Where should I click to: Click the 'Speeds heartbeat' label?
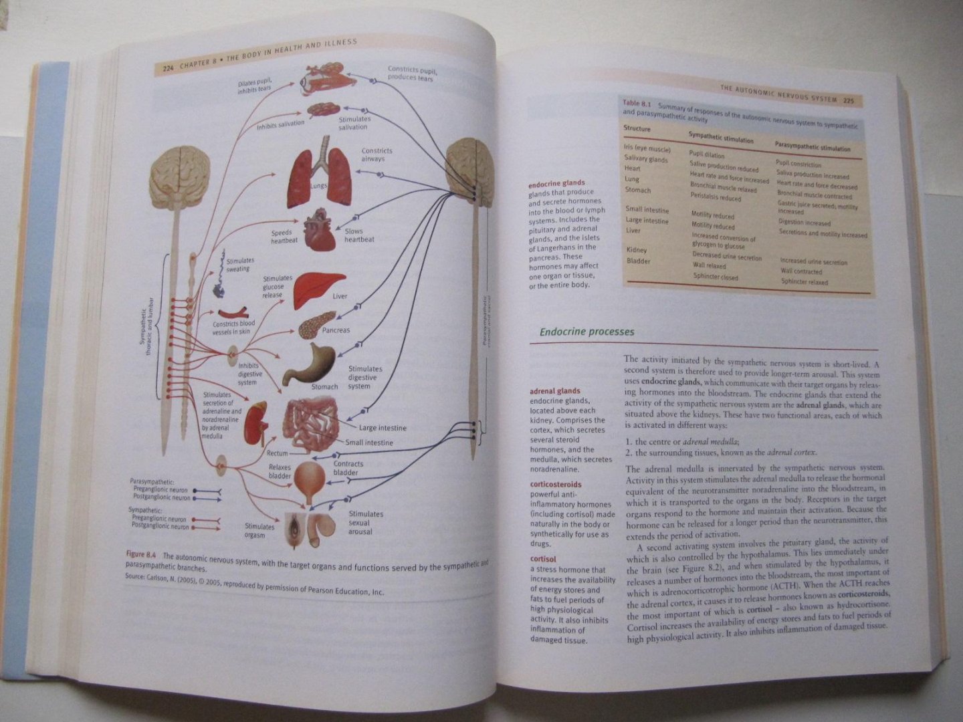click(284, 237)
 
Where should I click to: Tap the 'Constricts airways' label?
click(377, 155)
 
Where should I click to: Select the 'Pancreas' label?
click(336, 330)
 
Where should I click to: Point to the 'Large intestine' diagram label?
click(383, 428)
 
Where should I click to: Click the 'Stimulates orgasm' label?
click(259, 531)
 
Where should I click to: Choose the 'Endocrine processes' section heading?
click(586, 332)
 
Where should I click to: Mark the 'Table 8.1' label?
click(637, 103)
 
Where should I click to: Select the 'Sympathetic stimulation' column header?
click(721, 140)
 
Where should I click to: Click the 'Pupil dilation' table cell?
click(708, 155)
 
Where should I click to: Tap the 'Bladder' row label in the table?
click(638, 261)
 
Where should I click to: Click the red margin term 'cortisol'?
click(543, 559)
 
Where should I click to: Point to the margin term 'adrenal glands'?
click(554, 391)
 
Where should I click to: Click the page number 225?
click(848, 101)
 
